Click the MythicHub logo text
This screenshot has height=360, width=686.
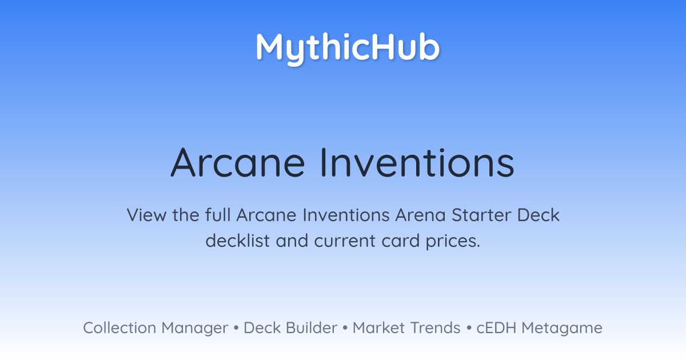pos(348,49)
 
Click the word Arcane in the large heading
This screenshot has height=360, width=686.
pos(238,162)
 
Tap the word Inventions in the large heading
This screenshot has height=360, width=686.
pos(417,162)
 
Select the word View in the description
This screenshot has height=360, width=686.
pos(146,215)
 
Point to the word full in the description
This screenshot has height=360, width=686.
pos(218,215)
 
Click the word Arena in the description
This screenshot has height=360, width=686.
pos(420,215)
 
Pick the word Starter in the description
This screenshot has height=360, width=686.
pos(481,215)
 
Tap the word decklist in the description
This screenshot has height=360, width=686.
pos(237,241)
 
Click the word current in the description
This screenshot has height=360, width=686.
pos(345,241)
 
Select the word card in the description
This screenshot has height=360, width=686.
pos(400,241)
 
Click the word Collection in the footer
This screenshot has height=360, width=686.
pos(119,327)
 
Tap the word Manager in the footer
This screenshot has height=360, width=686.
pos(195,329)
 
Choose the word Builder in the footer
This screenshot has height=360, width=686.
pos(312,327)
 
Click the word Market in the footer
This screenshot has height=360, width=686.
pos(378,327)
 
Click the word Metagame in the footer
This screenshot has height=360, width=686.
pos(562,329)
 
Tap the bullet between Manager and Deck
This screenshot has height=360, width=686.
pos(236,328)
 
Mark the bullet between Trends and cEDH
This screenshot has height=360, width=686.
pos(469,328)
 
